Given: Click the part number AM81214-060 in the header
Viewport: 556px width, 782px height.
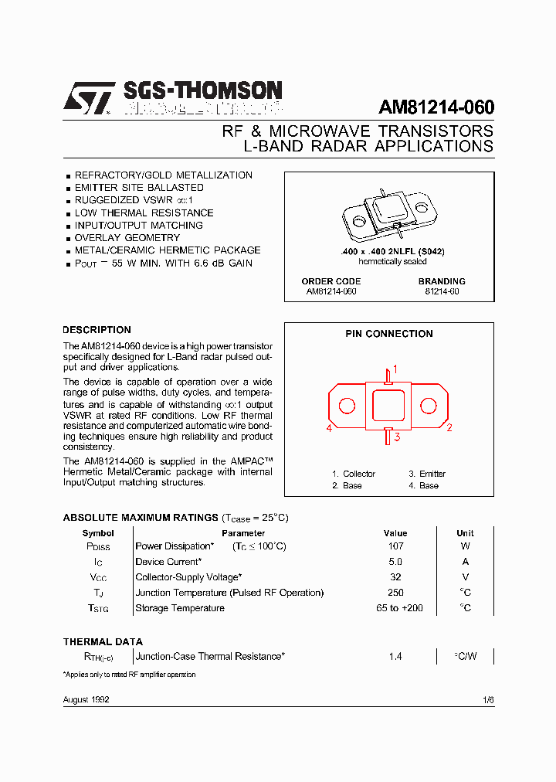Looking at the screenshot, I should coord(436,107).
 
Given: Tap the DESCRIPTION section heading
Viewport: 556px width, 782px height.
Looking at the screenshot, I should coord(97,330).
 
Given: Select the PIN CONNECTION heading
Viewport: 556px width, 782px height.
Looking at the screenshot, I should coord(389,334).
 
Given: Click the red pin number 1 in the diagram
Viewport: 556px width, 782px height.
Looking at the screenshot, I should coord(395,369).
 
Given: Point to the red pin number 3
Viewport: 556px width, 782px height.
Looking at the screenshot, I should coord(397,437).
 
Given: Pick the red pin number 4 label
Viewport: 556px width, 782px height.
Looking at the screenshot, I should coord(329,428).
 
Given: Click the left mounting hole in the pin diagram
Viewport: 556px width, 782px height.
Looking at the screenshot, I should coord(347,406).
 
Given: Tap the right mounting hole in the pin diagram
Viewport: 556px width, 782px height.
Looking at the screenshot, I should coord(428,406).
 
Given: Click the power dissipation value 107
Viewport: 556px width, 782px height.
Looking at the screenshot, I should coord(395,546).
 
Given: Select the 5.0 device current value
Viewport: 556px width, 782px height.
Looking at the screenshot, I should coord(395,562).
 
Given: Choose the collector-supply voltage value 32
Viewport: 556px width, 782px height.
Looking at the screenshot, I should coord(395,577).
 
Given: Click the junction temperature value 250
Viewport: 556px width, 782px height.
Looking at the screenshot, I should coord(395,593).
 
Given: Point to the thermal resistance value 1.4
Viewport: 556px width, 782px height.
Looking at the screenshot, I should coord(395,656).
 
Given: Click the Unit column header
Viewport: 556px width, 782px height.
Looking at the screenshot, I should coord(465,533).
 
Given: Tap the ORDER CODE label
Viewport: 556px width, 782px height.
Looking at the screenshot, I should coord(331,281).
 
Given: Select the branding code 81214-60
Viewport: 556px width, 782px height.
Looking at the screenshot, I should coord(442,291).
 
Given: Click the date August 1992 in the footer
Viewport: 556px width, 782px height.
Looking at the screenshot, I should coord(86,699).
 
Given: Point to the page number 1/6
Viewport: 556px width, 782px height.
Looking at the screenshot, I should coord(487,699).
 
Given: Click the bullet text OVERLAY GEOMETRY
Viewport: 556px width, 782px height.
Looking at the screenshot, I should coord(127,238).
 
